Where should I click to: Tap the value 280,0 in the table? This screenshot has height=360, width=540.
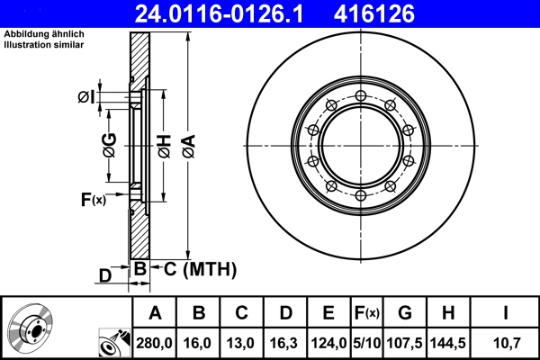point(155,342)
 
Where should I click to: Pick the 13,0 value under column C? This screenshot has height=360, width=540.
point(242,342)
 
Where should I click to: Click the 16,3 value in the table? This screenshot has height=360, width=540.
point(285,342)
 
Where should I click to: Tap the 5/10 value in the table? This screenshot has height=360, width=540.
point(366,342)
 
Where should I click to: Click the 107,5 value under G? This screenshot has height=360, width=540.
point(405,342)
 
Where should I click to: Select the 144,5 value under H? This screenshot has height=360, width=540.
point(448,342)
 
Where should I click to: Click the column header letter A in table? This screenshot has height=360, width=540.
point(155,313)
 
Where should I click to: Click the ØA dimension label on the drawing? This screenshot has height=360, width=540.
point(188,143)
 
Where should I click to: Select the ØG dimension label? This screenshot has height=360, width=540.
point(109,144)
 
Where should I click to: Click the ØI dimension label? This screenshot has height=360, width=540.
point(86,97)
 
